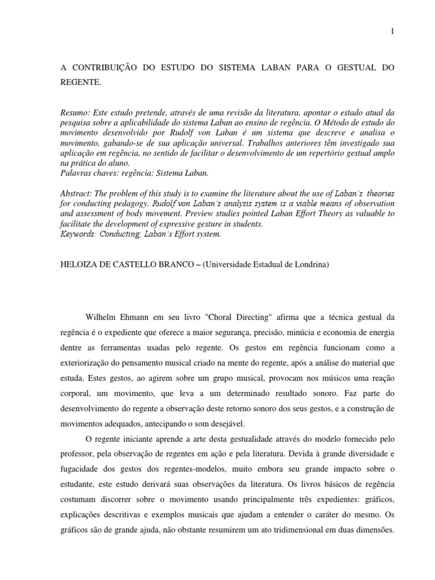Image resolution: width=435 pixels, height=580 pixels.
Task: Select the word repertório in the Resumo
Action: [x=330, y=153]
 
